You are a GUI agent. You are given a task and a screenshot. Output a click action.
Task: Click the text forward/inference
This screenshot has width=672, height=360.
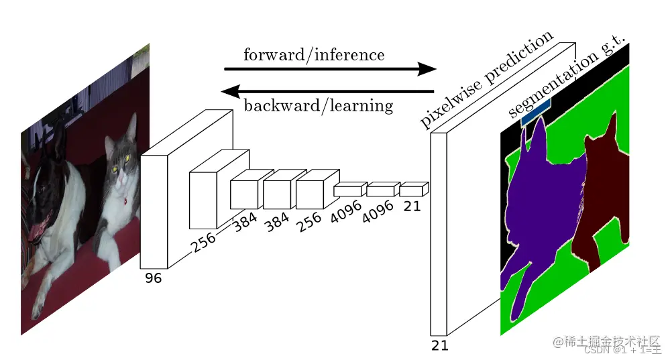(x=314, y=54)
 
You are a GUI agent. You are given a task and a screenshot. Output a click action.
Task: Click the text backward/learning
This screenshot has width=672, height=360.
(x=318, y=105)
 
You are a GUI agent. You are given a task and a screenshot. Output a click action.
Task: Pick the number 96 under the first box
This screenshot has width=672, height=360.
(x=154, y=278)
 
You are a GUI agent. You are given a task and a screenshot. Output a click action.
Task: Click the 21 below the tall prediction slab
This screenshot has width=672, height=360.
(x=439, y=345)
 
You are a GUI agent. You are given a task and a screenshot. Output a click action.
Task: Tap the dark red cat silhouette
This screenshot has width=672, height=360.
(x=604, y=194)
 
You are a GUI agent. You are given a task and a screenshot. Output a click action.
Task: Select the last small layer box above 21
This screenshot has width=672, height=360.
(x=412, y=190)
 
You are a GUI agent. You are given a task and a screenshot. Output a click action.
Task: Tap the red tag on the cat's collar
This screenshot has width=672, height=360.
(x=125, y=199)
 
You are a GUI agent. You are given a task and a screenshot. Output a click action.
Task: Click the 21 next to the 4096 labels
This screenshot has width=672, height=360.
(x=412, y=206)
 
